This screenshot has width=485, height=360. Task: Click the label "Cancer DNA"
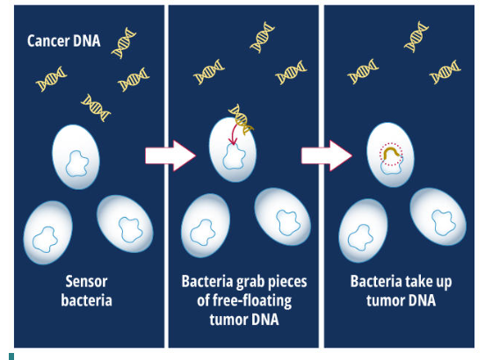pos(63,40)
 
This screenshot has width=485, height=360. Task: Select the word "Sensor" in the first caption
pos(86,282)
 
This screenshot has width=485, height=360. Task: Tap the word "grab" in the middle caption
pos(239,282)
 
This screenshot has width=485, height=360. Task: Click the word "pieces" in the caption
pos(279,282)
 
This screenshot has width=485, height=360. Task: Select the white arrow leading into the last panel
pos(327,155)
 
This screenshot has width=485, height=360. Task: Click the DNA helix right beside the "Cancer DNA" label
pos(124,47)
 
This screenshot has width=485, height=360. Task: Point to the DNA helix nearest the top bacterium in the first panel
pos(96,107)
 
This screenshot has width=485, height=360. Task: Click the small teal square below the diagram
pos(11,356)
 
